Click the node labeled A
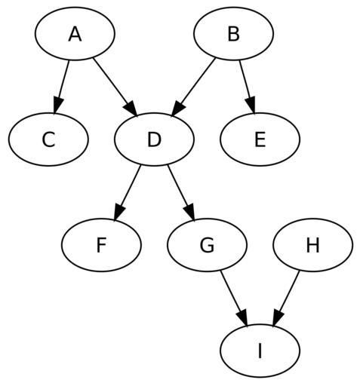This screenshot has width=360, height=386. (x=75, y=33)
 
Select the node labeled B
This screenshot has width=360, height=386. (x=233, y=33)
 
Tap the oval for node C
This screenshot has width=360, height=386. (x=48, y=139)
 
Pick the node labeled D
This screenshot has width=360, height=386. (x=154, y=139)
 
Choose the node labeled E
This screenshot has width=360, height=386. (x=260, y=139)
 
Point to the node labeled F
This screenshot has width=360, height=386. (x=101, y=245)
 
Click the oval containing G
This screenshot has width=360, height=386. (x=207, y=245)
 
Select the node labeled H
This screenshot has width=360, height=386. (x=313, y=245)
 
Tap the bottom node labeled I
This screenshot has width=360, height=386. (x=260, y=351)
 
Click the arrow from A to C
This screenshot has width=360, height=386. (x=61, y=87)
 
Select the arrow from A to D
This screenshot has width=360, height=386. (x=115, y=87)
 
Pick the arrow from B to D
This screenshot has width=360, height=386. (x=193, y=87)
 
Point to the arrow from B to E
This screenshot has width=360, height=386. (x=248, y=87)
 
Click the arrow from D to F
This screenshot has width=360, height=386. (x=128, y=193)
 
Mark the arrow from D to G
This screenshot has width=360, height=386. (x=181, y=193)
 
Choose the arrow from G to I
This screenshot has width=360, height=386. (x=234, y=299)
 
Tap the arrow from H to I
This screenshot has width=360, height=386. (x=286, y=299)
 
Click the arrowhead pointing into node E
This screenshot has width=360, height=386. (x=251, y=105)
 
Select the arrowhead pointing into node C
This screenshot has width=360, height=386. (x=57, y=105)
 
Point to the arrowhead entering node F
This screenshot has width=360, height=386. (x=119, y=213)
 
